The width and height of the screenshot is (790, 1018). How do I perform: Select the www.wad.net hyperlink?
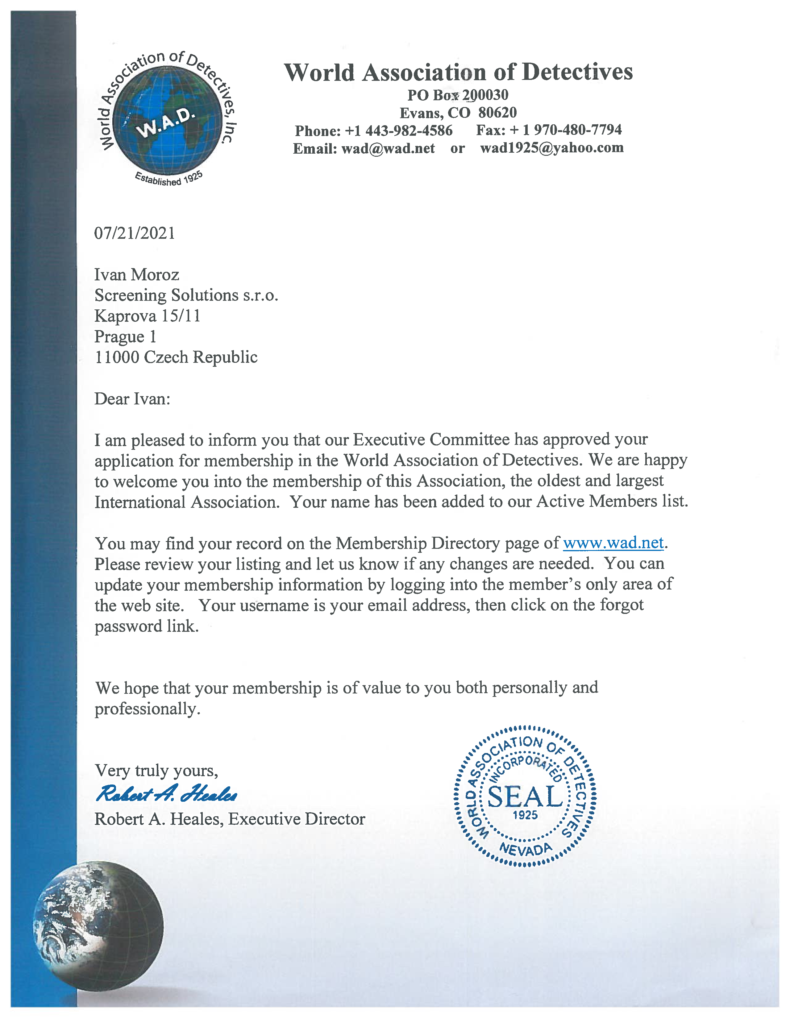(613, 543)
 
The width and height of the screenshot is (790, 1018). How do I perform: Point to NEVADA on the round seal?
(526, 849)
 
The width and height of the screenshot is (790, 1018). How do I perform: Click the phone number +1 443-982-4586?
(398, 130)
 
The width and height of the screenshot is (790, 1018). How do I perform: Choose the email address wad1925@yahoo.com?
(552, 148)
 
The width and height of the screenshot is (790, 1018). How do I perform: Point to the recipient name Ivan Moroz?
(137, 275)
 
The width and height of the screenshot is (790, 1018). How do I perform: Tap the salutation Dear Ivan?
(132, 399)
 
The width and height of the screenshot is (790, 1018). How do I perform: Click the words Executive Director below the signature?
(296, 819)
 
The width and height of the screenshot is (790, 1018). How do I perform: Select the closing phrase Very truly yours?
(156, 771)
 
